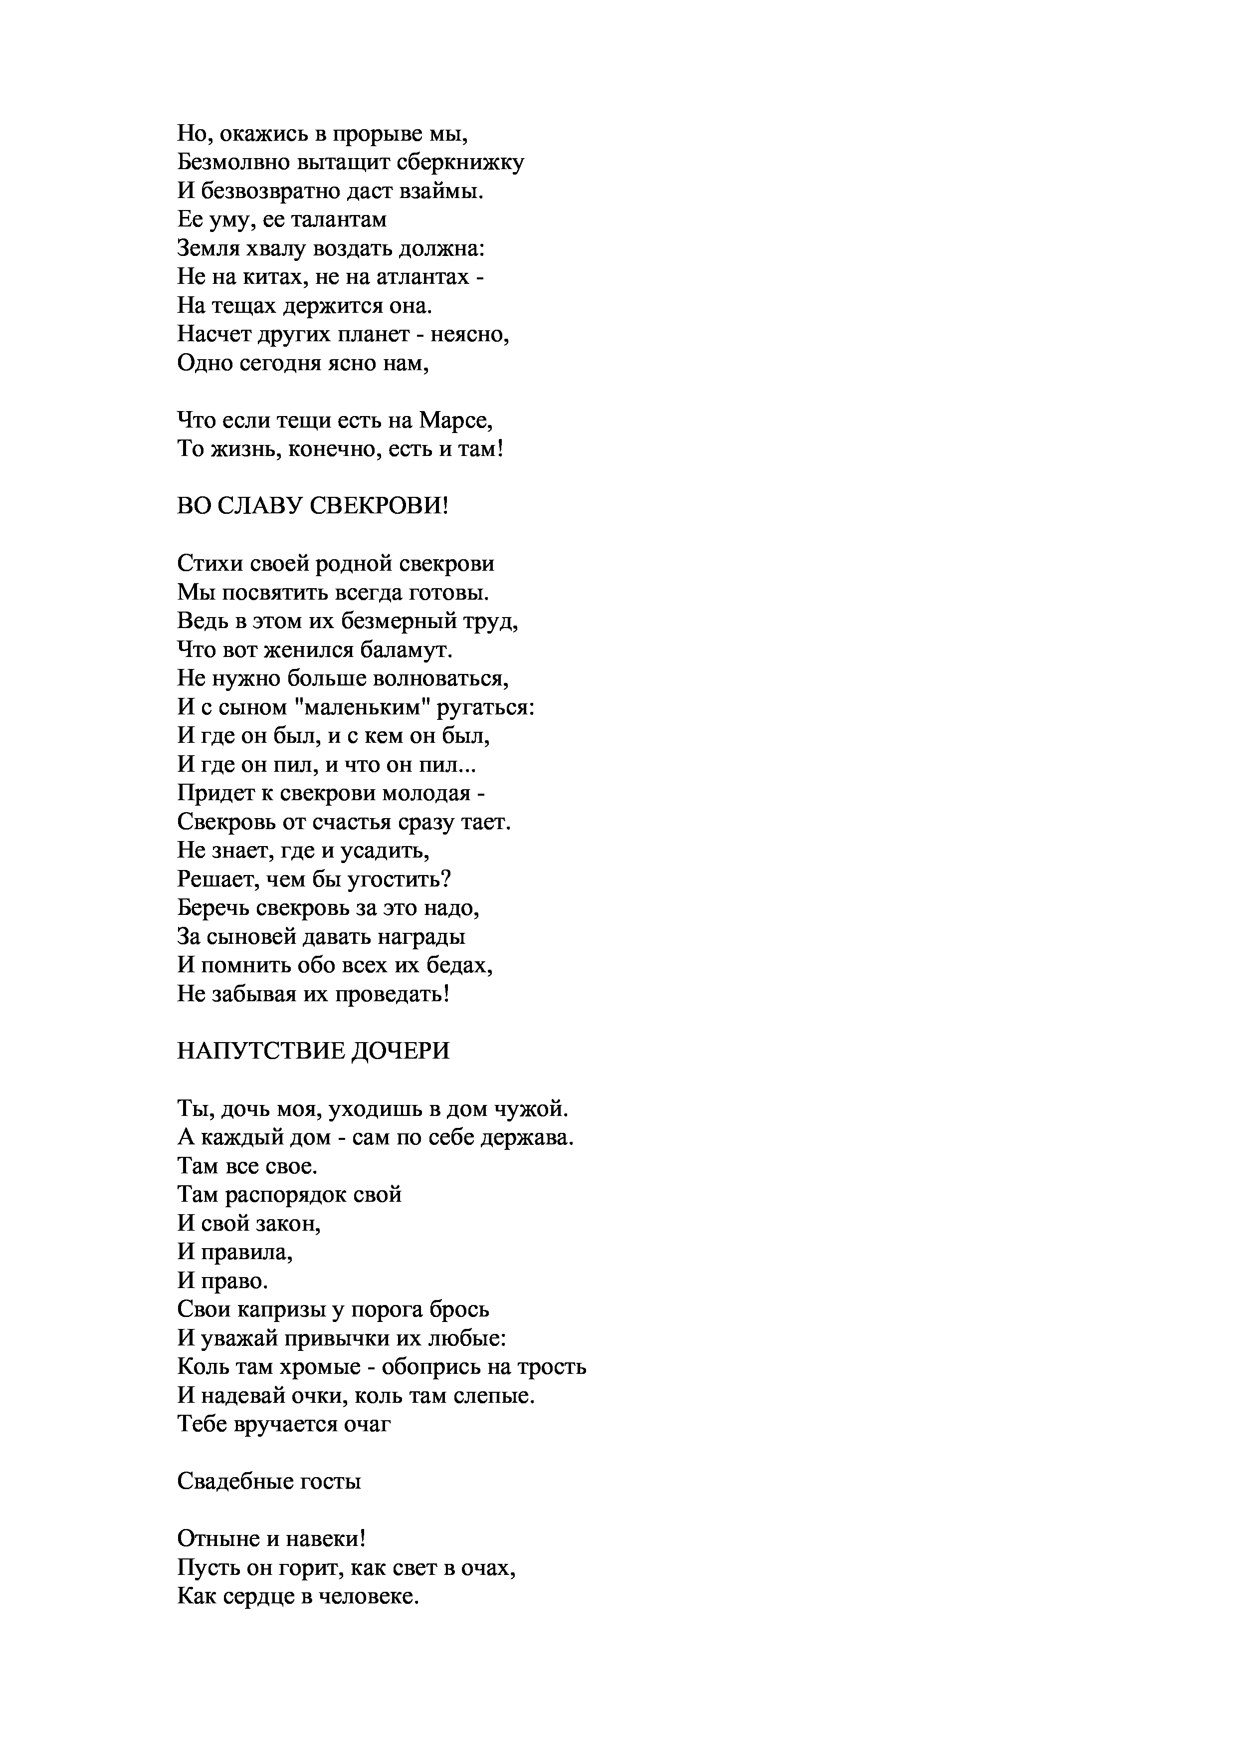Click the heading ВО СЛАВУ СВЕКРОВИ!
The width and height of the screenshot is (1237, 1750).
pyautogui.click(x=312, y=506)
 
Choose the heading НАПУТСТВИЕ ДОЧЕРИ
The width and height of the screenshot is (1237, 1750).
pyautogui.click(x=313, y=1052)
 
